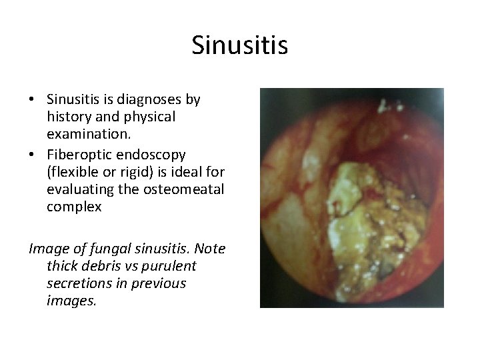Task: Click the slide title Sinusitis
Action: click(x=239, y=46)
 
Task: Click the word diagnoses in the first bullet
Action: click(x=150, y=100)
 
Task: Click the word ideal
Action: click(x=183, y=172)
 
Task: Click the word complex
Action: click(x=74, y=207)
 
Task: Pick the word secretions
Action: click(x=77, y=284)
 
